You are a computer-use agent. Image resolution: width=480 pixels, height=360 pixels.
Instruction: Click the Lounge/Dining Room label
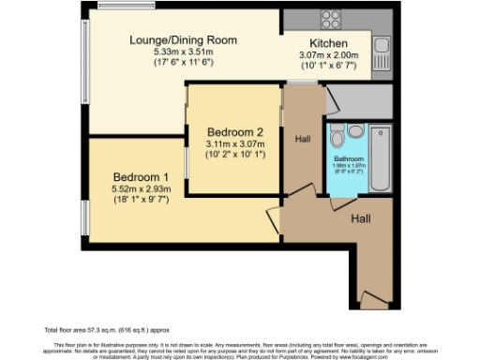pyautogui.click(x=183, y=40)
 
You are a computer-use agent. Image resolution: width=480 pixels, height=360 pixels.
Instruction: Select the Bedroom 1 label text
pyautogui.click(x=141, y=177)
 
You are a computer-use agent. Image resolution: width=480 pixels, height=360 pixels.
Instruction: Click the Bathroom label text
pyautogui.click(x=349, y=159)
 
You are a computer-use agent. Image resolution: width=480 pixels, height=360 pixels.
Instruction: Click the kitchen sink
pyautogui.click(x=382, y=44)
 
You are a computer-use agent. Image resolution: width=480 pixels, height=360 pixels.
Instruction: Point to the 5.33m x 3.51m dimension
pyautogui.click(x=183, y=53)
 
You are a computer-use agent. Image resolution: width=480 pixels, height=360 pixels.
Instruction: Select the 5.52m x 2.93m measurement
pyautogui.click(x=141, y=189)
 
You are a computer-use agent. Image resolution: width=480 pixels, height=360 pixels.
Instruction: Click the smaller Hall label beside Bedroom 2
pyautogui.click(x=302, y=139)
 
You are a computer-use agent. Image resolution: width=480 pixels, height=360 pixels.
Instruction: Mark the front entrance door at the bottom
pyautogui.click(x=374, y=300)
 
